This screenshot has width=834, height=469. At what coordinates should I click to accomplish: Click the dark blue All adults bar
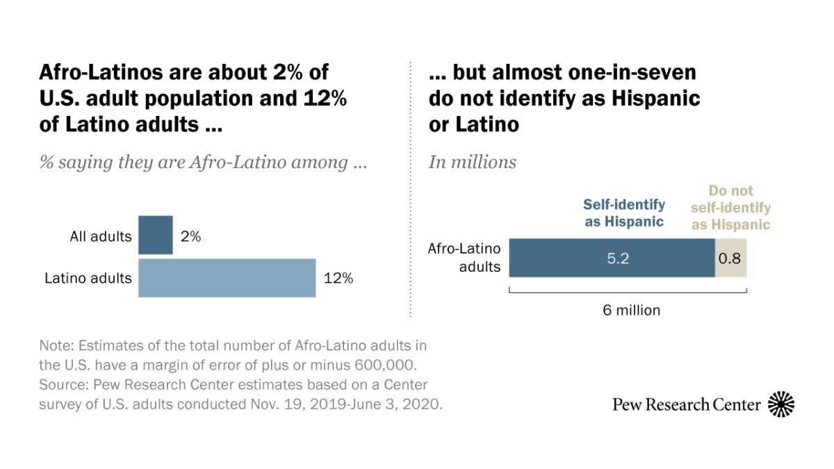point(156,236)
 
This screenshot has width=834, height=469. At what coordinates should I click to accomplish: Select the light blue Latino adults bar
point(227,278)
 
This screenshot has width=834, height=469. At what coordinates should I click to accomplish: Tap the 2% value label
point(190,236)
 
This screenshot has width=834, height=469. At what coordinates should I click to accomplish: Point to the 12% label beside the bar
point(338,278)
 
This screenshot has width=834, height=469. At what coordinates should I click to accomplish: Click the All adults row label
point(101,236)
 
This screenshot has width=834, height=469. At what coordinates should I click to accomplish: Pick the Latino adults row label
point(88,279)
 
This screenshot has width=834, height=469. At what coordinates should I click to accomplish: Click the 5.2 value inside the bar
point(612,258)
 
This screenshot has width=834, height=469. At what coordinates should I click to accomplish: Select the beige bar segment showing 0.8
point(730,258)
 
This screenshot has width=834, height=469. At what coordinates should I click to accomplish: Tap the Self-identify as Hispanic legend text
point(623,213)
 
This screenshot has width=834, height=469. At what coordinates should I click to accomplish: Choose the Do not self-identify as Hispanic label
point(730,207)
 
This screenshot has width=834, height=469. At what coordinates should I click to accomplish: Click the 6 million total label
point(631,310)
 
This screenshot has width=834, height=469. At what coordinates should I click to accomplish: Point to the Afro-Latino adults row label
point(464,257)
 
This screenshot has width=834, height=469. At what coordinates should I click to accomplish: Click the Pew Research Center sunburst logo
point(781,404)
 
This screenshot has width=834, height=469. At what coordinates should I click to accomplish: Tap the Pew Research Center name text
point(686,404)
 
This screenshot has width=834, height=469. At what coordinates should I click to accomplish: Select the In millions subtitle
point(473,162)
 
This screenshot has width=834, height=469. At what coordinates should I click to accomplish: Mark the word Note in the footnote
point(55,346)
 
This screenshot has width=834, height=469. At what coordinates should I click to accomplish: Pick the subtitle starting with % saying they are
point(203,162)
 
